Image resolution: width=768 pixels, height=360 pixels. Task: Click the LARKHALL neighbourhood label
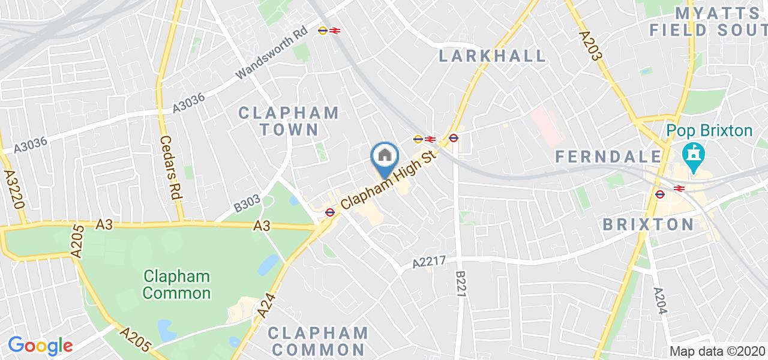coord(493,56)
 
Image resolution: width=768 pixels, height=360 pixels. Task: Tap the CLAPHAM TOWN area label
coord(289,121)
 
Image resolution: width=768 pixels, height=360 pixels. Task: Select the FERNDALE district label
coord(608,157)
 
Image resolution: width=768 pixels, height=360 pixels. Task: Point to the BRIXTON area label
coord(648,224)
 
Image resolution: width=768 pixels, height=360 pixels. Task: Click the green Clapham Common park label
coord(177,285)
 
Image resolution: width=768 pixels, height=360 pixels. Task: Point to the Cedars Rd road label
coord(170,167)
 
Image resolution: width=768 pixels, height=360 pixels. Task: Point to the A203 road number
coord(591,46)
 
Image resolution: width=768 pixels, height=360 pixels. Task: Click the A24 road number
coord(266,310)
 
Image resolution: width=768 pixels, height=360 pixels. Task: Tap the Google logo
coord(40,346)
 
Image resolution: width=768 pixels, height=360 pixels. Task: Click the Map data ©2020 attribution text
coord(717,352)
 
